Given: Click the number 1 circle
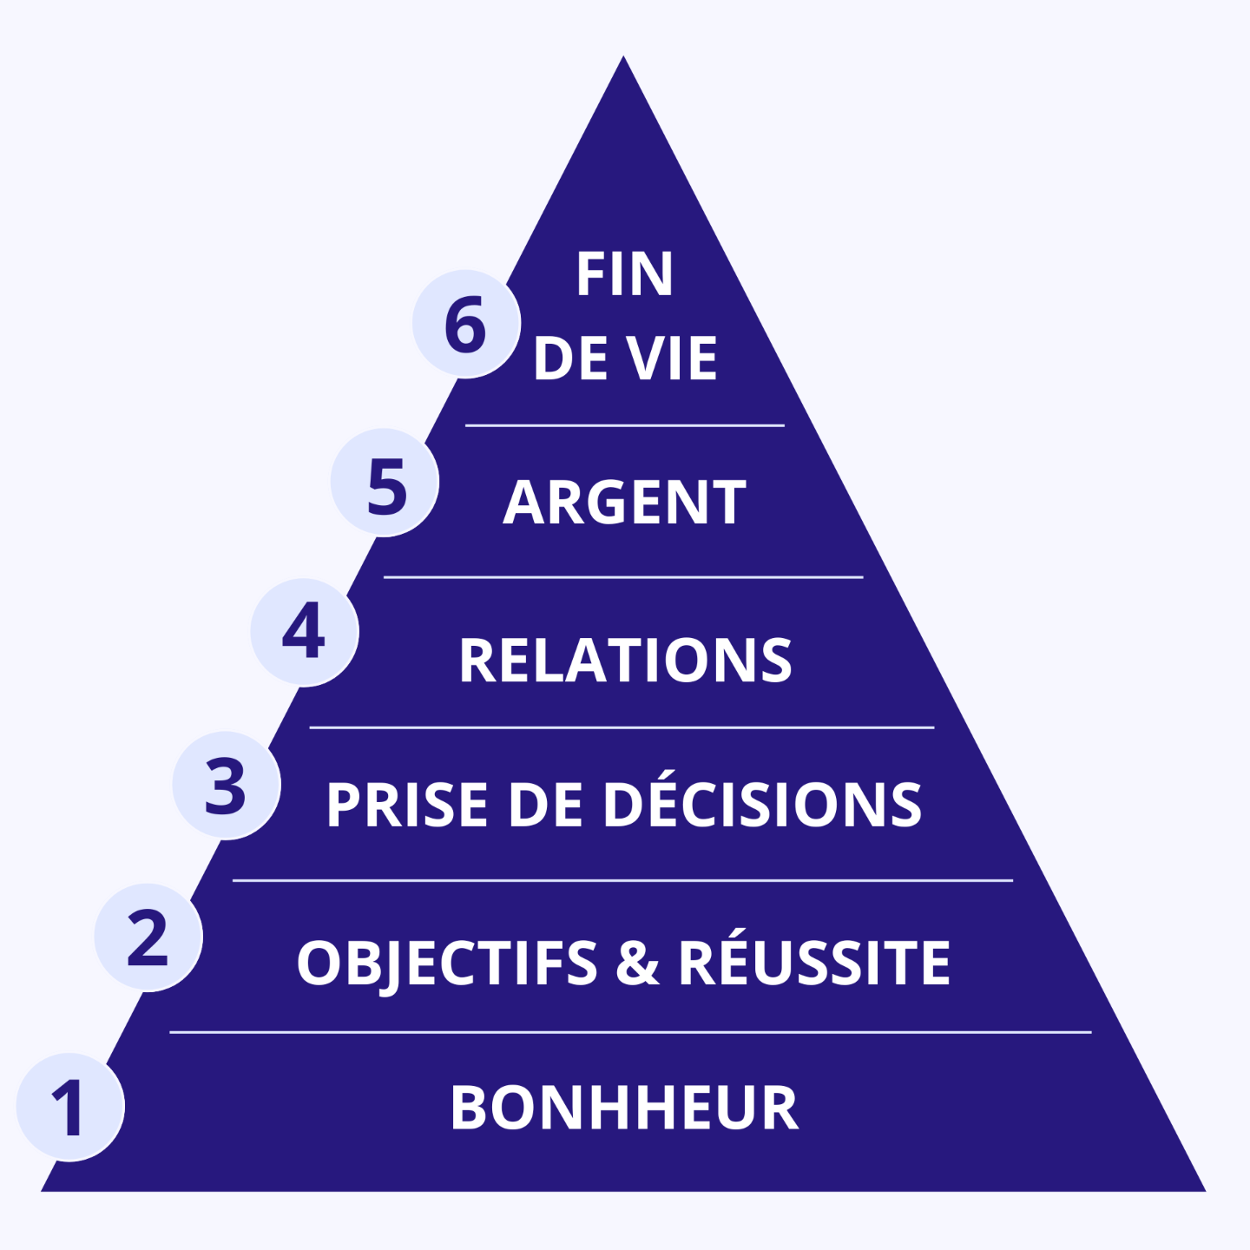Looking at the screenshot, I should pyautogui.click(x=70, y=1107).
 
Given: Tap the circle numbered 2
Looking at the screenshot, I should pyautogui.click(x=148, y=937).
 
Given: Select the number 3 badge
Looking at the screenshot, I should pyautogui.click(x=227, y=786).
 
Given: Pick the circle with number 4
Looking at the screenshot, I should pyautogui.click(x=305, y=632).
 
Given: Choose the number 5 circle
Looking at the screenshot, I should pyautogui.click(x=385, y=483).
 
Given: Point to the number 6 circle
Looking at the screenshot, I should pyautogui.click(x=466, y=324).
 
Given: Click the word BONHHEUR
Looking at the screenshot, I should pyautogui.click(x=624, y=1108).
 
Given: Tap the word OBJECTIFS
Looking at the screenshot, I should pyautogui.click(x=447, y=963).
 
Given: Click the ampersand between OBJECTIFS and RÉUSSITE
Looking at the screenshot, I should pyautogui.click(x=638, y=963).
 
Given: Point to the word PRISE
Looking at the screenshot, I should pyautogui.click(x=407, y=804).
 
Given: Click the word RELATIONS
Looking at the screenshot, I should pyautogui.click(x=625, y=661).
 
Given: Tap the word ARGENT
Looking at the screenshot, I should pyautogui.click(x=624, y=503).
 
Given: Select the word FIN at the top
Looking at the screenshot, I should pyautogui.click(x=624, y=274).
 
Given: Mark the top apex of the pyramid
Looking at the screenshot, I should pyautogui.click(x=623, y=59).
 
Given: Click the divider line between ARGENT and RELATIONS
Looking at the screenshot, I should pyautogui.click(x=623, y=576).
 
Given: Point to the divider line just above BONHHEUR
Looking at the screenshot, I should pyautogui.click(x=630, y=1032).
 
